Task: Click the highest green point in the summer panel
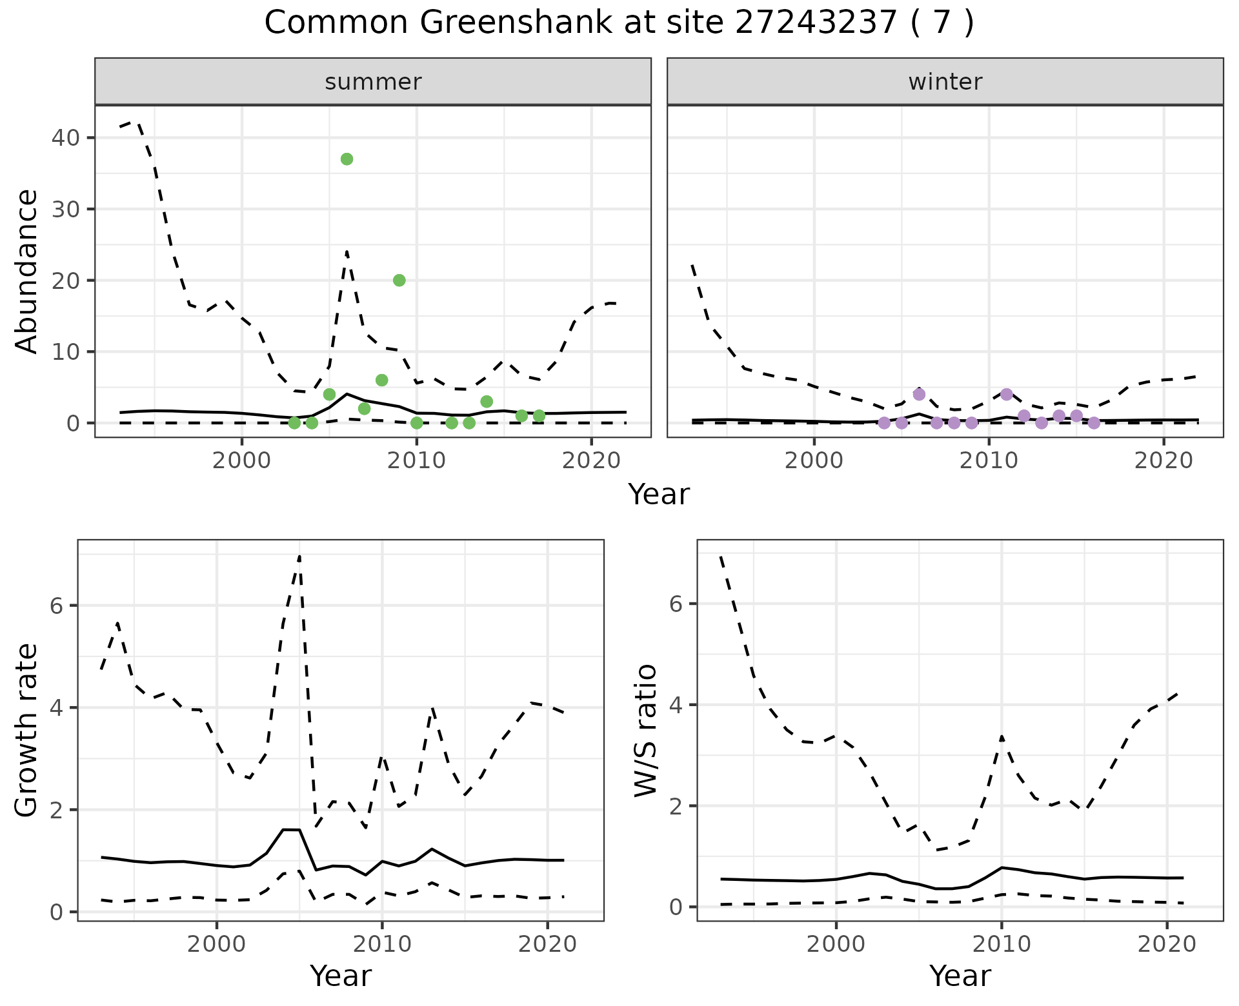[347, 159]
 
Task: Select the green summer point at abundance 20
[399, 280]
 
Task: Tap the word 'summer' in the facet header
[373, 82]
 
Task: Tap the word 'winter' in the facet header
[945, 82]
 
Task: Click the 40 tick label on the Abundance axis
[66, 138]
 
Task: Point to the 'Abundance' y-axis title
[27, 271]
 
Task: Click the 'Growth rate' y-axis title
[27, 730]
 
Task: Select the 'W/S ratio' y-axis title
[646, 730]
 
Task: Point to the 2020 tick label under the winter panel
[1164, 461]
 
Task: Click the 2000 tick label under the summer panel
[242, 461]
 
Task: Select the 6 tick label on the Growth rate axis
[57, 606]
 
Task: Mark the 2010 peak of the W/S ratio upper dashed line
[1002, 736]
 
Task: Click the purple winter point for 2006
[919, 394]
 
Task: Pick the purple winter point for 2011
[1007, 394]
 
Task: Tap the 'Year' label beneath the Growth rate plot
[341, 976]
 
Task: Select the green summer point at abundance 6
[381, 380]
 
